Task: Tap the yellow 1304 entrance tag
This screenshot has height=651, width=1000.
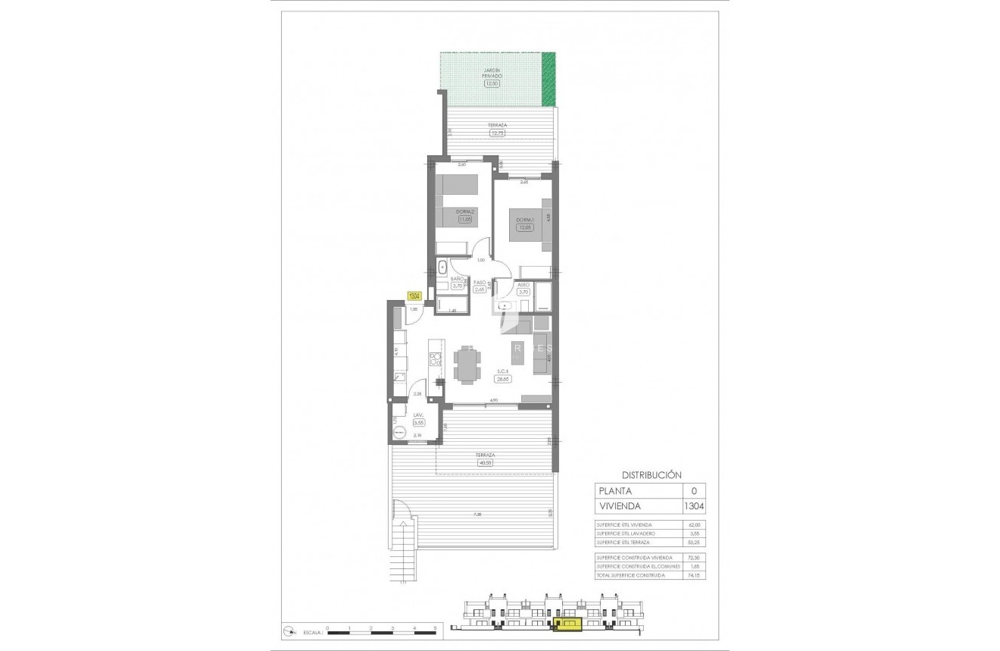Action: [x=414, y=296]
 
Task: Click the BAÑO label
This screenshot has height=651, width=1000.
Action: [x=457, y=279]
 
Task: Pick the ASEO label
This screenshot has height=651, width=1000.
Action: [x=523, y=285]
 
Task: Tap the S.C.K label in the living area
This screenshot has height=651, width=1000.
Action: [x=503, y=371]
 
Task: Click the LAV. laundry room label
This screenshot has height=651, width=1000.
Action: [x=417, y=415]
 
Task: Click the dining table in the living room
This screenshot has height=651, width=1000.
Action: [x=467, y=365]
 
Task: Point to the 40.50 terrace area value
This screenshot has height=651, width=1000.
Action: [x=485, y=462]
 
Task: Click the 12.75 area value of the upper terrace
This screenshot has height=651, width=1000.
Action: [x=498, y=133]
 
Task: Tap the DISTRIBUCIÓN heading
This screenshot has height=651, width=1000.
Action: [x=647, y=475]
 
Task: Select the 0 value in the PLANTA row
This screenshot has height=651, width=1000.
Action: [x=693, y=491]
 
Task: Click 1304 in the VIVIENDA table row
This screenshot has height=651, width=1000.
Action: [x=693, y=506]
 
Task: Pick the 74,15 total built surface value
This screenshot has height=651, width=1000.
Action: [x=693, y=575]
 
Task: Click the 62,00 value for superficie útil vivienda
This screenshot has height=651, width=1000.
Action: [x=693, y=524]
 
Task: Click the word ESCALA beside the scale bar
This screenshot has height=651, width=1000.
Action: [x=311, y=631]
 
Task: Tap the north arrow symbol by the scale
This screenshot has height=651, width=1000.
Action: [x=289, y=631]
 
